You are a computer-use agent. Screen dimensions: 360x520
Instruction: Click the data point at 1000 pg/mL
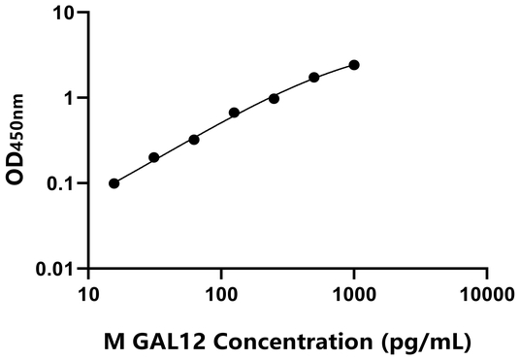tap(354, 65)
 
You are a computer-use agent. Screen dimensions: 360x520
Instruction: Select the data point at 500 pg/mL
tap(314, 78)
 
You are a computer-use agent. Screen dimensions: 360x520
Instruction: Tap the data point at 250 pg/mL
tap(275, 98)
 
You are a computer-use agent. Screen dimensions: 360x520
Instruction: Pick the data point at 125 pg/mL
tap(234, 113)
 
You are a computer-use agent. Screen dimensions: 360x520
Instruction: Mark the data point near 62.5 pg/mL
tap(194, 140)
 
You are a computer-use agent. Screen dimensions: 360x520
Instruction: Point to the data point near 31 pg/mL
tap(154, 157)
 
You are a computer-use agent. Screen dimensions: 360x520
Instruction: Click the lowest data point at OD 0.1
tap(114, 183)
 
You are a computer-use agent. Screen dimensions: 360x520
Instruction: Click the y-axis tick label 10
tap(63, 14)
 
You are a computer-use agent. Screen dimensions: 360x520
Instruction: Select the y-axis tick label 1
tap(69, 98)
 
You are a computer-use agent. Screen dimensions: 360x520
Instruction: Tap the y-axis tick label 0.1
tap(60, 182)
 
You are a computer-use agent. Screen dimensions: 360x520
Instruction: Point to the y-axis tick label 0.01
tap(55, 268)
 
